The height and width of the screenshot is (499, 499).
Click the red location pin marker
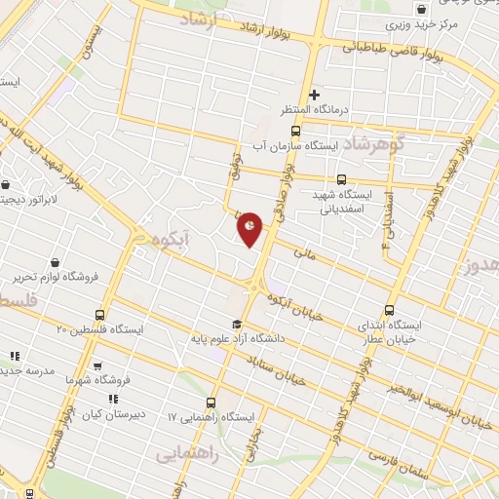tap(249, 228)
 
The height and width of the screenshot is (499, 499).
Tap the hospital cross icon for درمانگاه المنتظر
tap(314, 95)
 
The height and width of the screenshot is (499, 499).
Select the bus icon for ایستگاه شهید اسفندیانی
tap(340, 179)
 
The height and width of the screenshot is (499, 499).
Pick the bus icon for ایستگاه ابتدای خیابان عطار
tap(390, 310)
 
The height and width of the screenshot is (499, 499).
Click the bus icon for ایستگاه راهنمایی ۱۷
tap(211, 403)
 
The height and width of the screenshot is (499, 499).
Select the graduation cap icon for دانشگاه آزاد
tap(236, 324)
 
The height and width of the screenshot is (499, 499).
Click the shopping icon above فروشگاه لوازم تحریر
tap(54, 262)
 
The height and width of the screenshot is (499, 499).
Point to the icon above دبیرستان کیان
tap(113, 398)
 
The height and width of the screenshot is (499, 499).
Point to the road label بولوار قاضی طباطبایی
tap(390, 49)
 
